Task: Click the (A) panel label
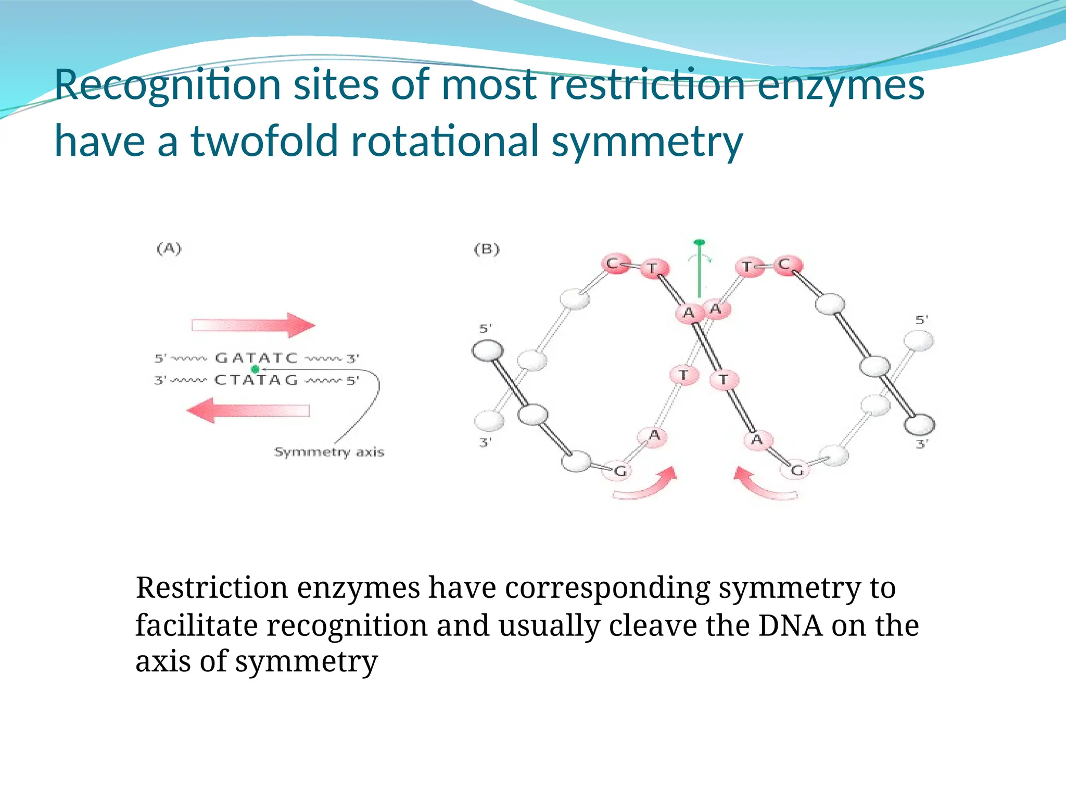(169, 249)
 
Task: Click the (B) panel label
(487, 249)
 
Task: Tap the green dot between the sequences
(255, 369)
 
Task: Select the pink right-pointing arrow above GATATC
(253, 326)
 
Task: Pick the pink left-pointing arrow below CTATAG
(249, 410)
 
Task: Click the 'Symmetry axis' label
(329, 452)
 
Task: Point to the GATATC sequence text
(256, 358)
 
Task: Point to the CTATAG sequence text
(256, 380)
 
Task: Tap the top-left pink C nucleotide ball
(615, 264)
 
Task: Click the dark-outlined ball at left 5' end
(488, 351)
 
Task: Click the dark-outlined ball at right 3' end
(919, 424)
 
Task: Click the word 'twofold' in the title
(264, 141)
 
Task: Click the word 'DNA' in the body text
(790, 625)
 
